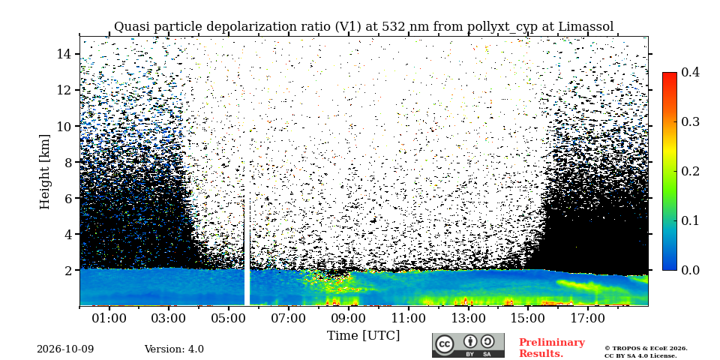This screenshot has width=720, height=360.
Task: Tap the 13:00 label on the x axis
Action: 468,318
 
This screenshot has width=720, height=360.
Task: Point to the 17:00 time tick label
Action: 588,318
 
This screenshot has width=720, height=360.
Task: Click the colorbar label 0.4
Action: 690,72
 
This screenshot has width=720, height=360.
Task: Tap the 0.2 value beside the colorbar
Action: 690,171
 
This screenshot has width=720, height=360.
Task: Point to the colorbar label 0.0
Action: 690,270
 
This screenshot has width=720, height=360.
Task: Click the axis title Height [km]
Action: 44,172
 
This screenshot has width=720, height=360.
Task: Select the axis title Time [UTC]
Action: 363,336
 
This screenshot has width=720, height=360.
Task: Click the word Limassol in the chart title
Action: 586,27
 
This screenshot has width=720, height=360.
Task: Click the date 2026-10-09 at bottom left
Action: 65,349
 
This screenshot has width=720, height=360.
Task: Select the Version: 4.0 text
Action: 174,349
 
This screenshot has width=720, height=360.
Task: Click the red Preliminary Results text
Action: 552,348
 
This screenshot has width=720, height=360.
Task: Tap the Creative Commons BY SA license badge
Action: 468,345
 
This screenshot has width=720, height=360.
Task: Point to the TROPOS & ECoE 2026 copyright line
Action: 646,349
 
